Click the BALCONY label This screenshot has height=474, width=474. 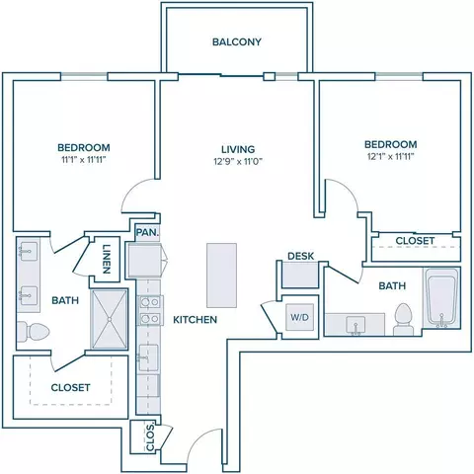pos(237,41)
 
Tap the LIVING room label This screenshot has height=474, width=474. pos(238,149)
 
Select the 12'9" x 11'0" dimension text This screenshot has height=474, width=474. pos(238,162)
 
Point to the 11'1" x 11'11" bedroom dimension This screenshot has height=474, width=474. pos(84,160)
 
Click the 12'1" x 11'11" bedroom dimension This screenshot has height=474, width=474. pos(391,156)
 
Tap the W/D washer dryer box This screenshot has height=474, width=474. pos(300,317)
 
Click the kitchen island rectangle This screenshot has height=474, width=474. pos(221,276)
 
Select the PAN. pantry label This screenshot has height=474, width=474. pos(147,232)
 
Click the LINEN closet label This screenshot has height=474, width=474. pos(106,259)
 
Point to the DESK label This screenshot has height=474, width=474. pos(301,256)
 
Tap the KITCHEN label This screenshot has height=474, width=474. pos(196,320)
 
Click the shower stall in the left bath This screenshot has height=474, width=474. pos(109,319)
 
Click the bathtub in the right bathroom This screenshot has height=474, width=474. pos(441,298)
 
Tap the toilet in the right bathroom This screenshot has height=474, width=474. pos(403,319)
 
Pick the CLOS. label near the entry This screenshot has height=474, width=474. pos(150,437)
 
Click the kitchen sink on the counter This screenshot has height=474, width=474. pos(148,357)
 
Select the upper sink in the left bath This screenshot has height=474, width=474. pos(29,252)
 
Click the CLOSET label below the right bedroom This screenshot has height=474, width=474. pos(415,241)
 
